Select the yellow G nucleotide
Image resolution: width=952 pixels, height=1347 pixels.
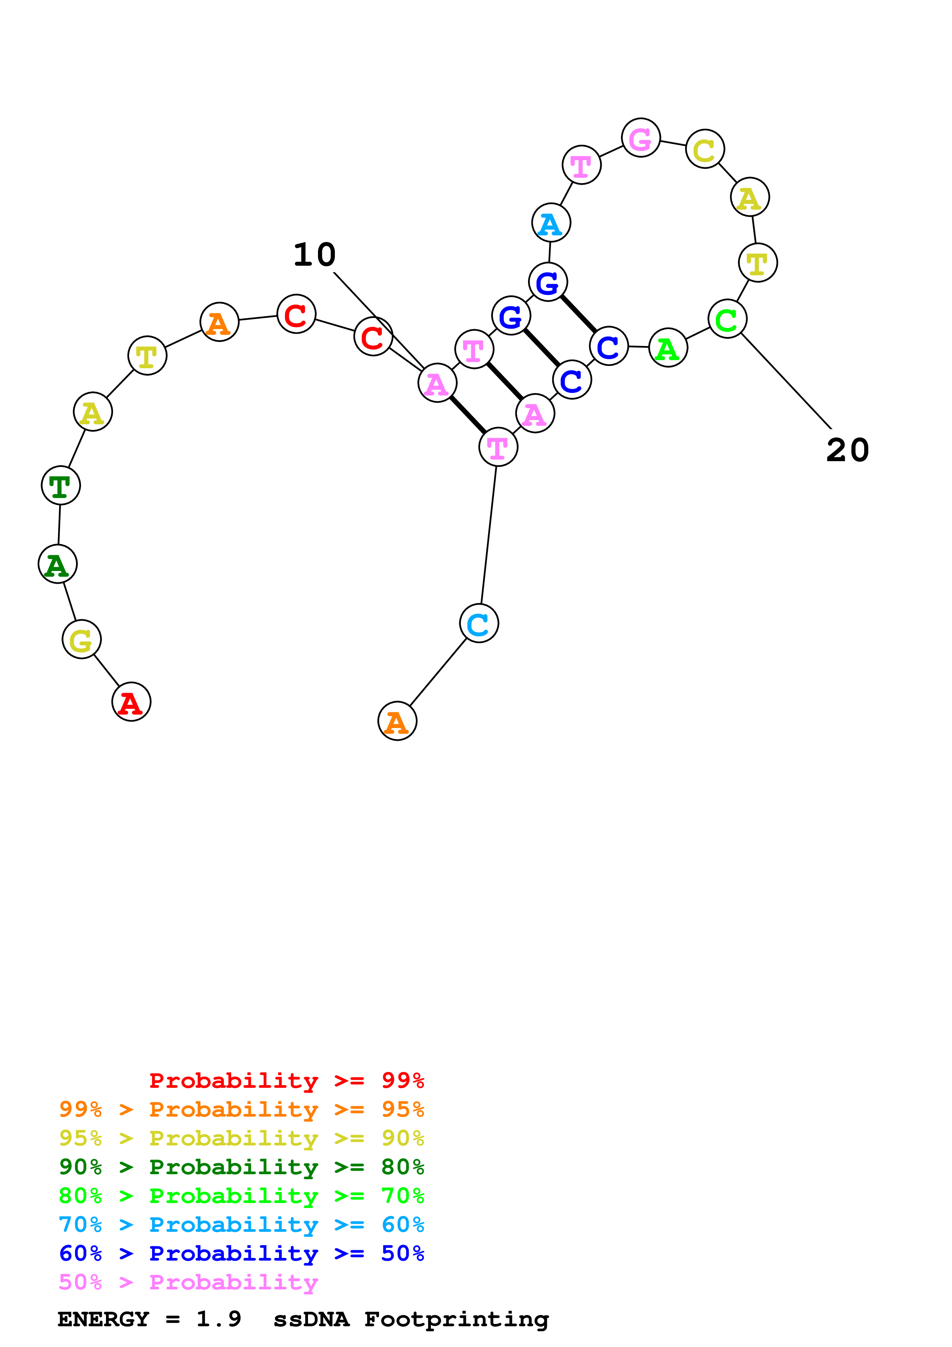click(x=81, y=639)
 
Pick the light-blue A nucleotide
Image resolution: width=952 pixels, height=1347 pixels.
click(x=551, y=223)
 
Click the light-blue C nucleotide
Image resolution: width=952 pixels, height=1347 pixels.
click(x=479, y=624)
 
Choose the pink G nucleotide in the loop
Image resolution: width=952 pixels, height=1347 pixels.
click(x=641, y=139)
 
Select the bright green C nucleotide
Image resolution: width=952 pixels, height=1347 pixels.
click(x=727, y=319)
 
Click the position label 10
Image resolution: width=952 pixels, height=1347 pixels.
click(x=315, y=255)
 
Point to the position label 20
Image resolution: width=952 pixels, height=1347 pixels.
click(x=848, y=450)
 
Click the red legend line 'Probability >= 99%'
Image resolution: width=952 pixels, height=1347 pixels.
click(x=286, y=1081)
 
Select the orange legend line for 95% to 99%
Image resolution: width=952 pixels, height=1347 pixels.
click(x=241, y=1109)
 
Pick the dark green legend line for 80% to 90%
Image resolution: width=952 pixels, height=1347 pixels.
click(x=241, y=1167)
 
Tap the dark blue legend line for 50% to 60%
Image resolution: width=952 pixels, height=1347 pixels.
click(x=241, y=1253)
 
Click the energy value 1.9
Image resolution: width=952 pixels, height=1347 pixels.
click(x=218, y=1319)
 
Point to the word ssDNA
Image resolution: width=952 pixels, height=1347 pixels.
click(x=311, y=1319)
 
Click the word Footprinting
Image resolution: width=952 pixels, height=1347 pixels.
click(x=456, y=1319)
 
